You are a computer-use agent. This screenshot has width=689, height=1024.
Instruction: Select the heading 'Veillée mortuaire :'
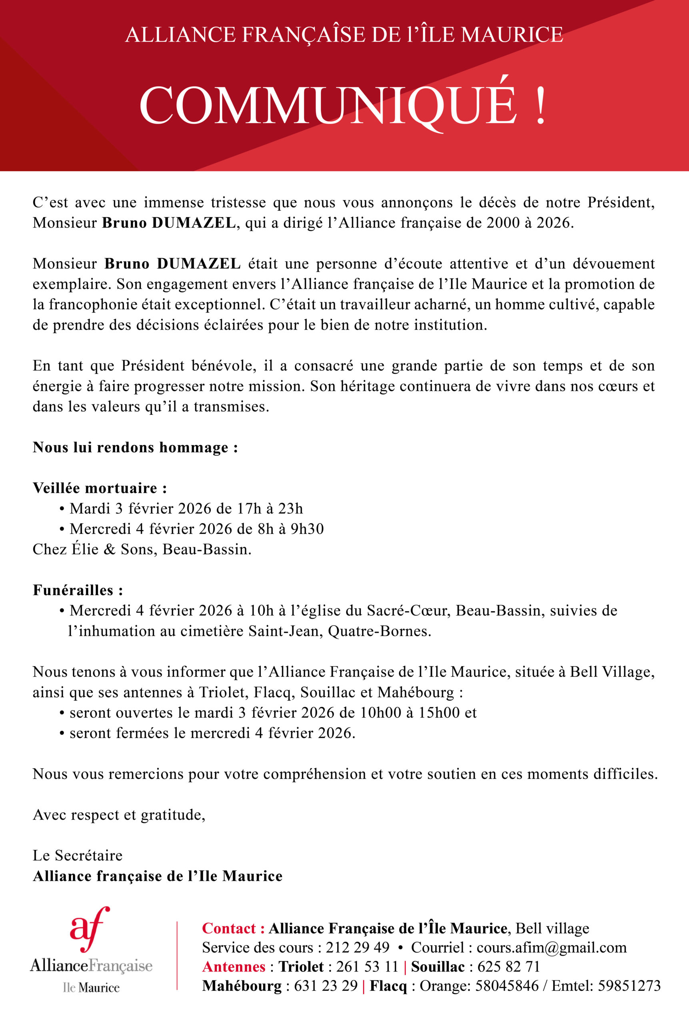tap(100, 488)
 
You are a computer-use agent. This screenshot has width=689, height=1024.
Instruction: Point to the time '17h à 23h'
tap(270, 508)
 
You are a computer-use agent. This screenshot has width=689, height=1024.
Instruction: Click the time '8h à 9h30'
tap(291, 529)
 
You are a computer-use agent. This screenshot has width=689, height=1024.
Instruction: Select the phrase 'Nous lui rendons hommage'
tap(130, 447)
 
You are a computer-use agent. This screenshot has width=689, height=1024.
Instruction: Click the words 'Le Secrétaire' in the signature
tap(77, 855)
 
